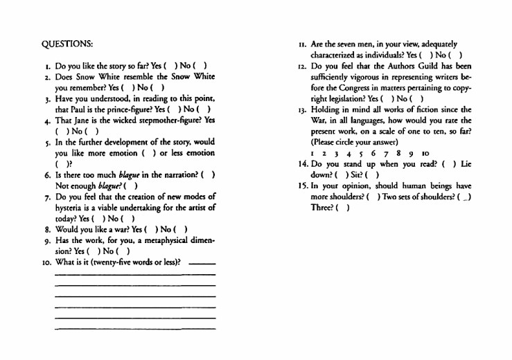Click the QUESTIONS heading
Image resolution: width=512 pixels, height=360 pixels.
coord(67,44)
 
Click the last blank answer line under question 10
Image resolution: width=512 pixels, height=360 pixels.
coord(134,327)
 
